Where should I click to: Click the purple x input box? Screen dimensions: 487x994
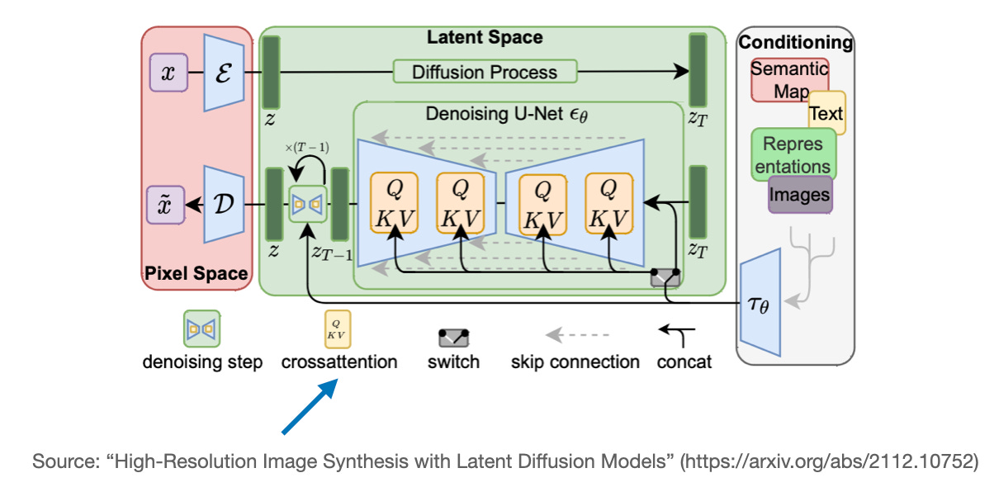[x=168, y=73]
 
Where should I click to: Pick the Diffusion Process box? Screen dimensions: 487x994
[x=484, y=72]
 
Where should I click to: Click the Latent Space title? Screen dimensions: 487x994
[x=485, y=38]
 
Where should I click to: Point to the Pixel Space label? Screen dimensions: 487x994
[x=196, y=273]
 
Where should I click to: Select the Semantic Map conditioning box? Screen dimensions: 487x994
[x=788, y=79]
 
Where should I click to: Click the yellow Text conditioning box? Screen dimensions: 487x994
[x=826, y=113]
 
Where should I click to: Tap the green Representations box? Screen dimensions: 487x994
[x=793, y=154]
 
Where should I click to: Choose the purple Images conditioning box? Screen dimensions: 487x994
[x=799, y=195]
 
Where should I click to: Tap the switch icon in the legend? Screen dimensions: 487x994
[x=453, y=338]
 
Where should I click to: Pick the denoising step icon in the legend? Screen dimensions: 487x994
[x=201, y=329]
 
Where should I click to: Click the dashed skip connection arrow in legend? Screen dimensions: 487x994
[x=575, y=335]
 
